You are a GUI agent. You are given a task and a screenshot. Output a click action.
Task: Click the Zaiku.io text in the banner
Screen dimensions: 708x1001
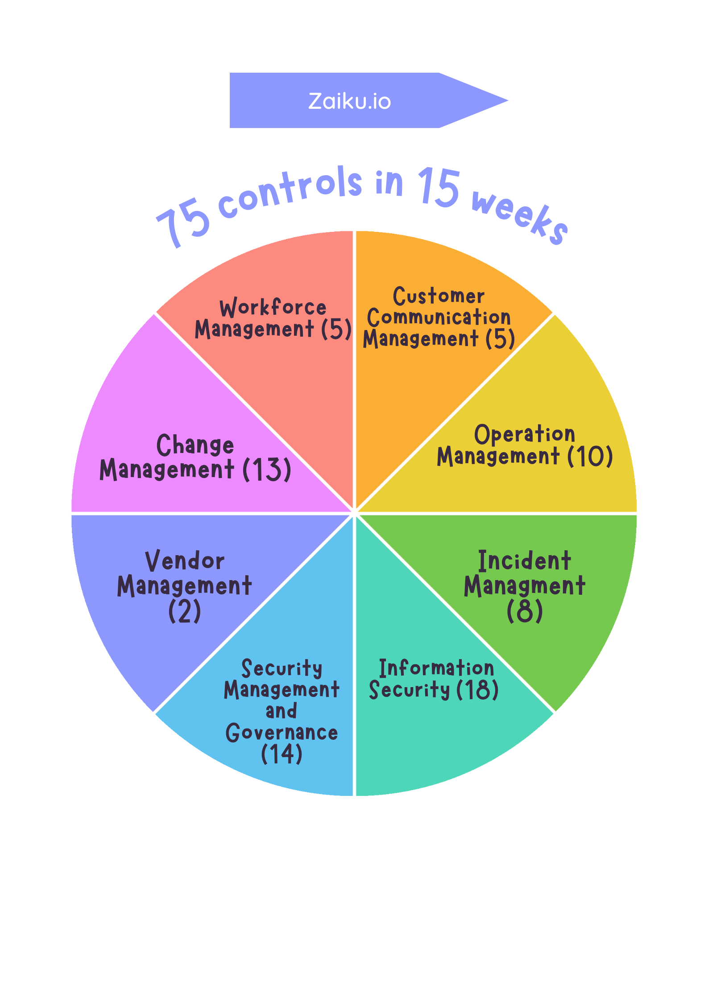(x=349, y=101)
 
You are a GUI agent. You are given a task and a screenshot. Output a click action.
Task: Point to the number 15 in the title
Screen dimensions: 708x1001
(x=439, y=187)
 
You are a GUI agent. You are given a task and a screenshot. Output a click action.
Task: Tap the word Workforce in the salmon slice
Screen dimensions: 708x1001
(x=273, y=307)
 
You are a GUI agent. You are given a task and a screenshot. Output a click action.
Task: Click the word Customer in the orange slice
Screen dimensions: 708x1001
(x=439, y=296)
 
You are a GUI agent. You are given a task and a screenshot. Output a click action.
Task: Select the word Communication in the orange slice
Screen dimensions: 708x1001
(x=439, y=317)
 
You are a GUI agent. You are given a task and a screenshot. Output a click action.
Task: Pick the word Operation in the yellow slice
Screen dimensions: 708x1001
(x=524, y=434)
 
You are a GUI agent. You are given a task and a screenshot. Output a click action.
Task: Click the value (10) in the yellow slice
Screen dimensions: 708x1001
(x=590, y=457)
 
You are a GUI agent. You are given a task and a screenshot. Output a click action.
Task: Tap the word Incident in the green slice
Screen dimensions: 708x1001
(x=524, y=561)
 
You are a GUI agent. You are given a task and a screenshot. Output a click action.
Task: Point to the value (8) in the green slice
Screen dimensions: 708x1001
(x=525, y=611)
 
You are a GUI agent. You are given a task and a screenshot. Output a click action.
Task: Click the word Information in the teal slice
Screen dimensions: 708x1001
(x=436, y=668)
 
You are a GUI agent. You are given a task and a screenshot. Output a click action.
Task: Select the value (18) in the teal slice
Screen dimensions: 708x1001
(x=477, y=689)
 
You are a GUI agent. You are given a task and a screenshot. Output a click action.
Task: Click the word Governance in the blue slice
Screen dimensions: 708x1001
(x=282, y=733)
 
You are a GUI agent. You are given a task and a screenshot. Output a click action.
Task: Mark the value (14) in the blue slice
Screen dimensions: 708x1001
(x=282, y=754)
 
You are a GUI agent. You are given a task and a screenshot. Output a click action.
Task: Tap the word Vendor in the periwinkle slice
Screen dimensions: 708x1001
(x=185, y=561)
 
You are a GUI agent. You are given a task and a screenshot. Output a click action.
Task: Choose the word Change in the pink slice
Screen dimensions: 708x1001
(x=195, y=445)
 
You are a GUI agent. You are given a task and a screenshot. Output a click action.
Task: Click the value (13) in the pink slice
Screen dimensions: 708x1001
(x=267, y=470)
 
